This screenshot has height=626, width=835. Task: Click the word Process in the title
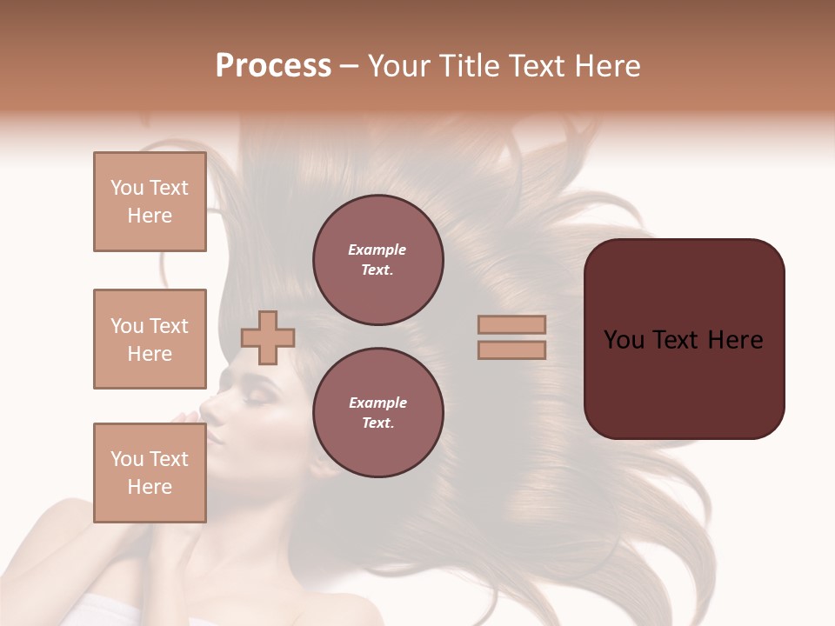(273, 66)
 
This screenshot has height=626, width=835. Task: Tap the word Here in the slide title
(606, 66)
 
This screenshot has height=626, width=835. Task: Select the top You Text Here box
(150, 202)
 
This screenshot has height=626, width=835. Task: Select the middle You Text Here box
(150, 339)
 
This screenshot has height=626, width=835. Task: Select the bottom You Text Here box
(150, 473)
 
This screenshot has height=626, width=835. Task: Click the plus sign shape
(268, 338)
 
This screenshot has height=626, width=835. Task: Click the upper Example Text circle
(377, 260)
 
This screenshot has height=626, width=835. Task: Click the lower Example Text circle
(377, 413)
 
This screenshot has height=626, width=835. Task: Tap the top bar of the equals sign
(511, 325)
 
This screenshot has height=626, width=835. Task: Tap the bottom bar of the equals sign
(511, 350)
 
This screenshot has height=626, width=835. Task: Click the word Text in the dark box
(683, 340)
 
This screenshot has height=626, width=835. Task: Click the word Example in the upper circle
(377, 250)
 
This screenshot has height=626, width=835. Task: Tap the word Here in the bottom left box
(150, 487)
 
